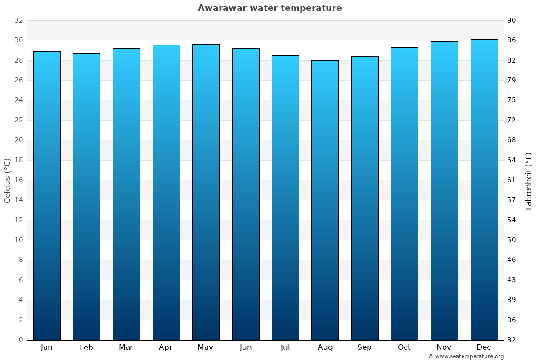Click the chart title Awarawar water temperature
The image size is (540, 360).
click(x=270, y=8)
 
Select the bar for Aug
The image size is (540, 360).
click(x=325, y=200)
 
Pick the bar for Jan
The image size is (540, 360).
click(x=47, y=196)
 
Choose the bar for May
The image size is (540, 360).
click(x=206, y=192)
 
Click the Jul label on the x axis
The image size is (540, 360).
click(x=285, y=347)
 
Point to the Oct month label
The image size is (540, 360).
click(x=404, y=347)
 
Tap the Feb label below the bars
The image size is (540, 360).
click(x=86, y=347)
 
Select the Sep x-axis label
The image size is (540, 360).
click(x=364, y=347)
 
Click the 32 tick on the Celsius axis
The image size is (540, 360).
click(x=18, y=20)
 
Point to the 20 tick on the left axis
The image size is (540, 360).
click(x=18, y=140)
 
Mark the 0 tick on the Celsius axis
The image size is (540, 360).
click(x=21, y=340)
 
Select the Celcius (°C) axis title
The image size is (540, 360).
click(x=7, y=180)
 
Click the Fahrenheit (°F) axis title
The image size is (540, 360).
click(x=528, y=180)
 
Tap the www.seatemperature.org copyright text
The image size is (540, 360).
click(x=466, y=356)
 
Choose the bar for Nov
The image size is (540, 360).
click(x=444, y=191)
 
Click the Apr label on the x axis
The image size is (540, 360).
click(x=166, y=347)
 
